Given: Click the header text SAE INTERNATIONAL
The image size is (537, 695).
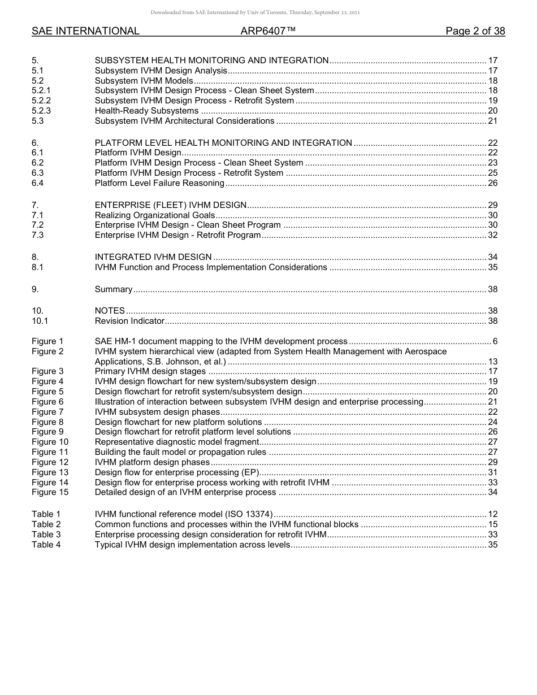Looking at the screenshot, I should [85, 31].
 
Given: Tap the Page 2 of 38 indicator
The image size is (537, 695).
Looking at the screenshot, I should [475, 31].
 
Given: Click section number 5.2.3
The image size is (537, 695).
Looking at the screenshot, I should [41, 111].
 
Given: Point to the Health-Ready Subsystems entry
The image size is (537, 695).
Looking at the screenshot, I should [146, 111].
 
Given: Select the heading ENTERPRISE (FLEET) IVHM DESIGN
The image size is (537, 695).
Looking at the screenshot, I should [171, 205].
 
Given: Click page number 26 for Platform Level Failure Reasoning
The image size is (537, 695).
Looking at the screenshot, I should [492, 183].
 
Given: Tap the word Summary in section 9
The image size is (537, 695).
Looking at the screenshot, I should [113, 289].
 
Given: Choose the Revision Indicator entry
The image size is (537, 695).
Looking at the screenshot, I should [129, 321].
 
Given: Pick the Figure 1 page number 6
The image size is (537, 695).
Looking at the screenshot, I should [495, 341].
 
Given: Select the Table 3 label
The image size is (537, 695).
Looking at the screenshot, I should [46, 535].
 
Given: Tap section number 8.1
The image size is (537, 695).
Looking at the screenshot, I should [37, 267].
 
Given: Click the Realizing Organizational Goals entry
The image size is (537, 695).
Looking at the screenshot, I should [155, 215].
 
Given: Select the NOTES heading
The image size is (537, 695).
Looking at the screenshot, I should [110, 311].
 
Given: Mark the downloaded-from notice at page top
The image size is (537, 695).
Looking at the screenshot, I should [255, 12].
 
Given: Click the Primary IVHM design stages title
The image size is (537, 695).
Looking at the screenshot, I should [150, 371].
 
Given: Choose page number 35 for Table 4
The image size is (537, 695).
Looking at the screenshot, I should [492, 545].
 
